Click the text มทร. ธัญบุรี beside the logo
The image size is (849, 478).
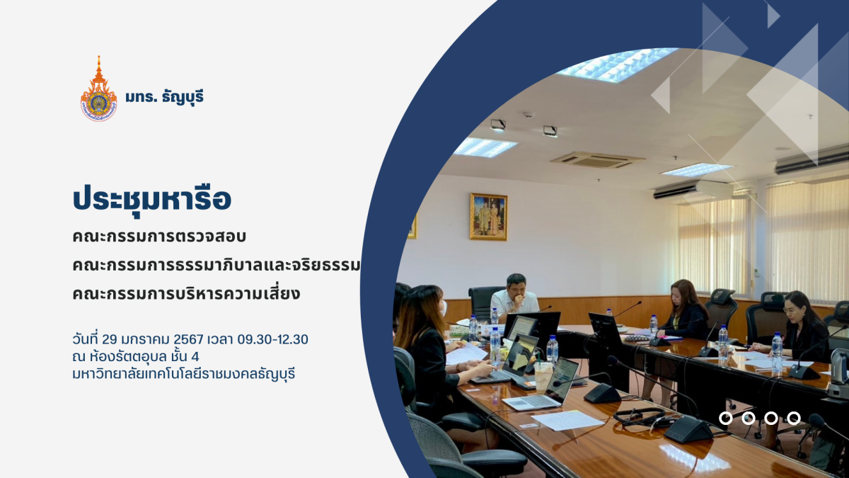(164, 97)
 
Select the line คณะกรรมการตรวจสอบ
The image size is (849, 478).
(159, 237)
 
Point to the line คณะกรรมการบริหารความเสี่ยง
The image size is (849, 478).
(186, 294)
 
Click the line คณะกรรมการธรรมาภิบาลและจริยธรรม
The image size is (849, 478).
(216, 266)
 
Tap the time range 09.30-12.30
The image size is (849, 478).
(272, 339)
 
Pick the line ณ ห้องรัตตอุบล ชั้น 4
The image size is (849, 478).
(136, 357)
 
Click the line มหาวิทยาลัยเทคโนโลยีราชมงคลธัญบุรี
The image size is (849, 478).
(184, 374)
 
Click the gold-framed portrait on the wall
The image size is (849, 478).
(489, 217)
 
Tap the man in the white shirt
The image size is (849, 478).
(515, 300)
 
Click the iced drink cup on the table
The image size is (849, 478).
(543, 375)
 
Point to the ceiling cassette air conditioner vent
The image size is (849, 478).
(596, 160)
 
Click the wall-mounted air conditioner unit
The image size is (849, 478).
(693, 190)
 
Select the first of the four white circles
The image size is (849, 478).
(725, 419)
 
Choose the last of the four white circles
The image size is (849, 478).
(794, 419)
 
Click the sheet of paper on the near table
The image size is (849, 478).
(567, 421)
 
